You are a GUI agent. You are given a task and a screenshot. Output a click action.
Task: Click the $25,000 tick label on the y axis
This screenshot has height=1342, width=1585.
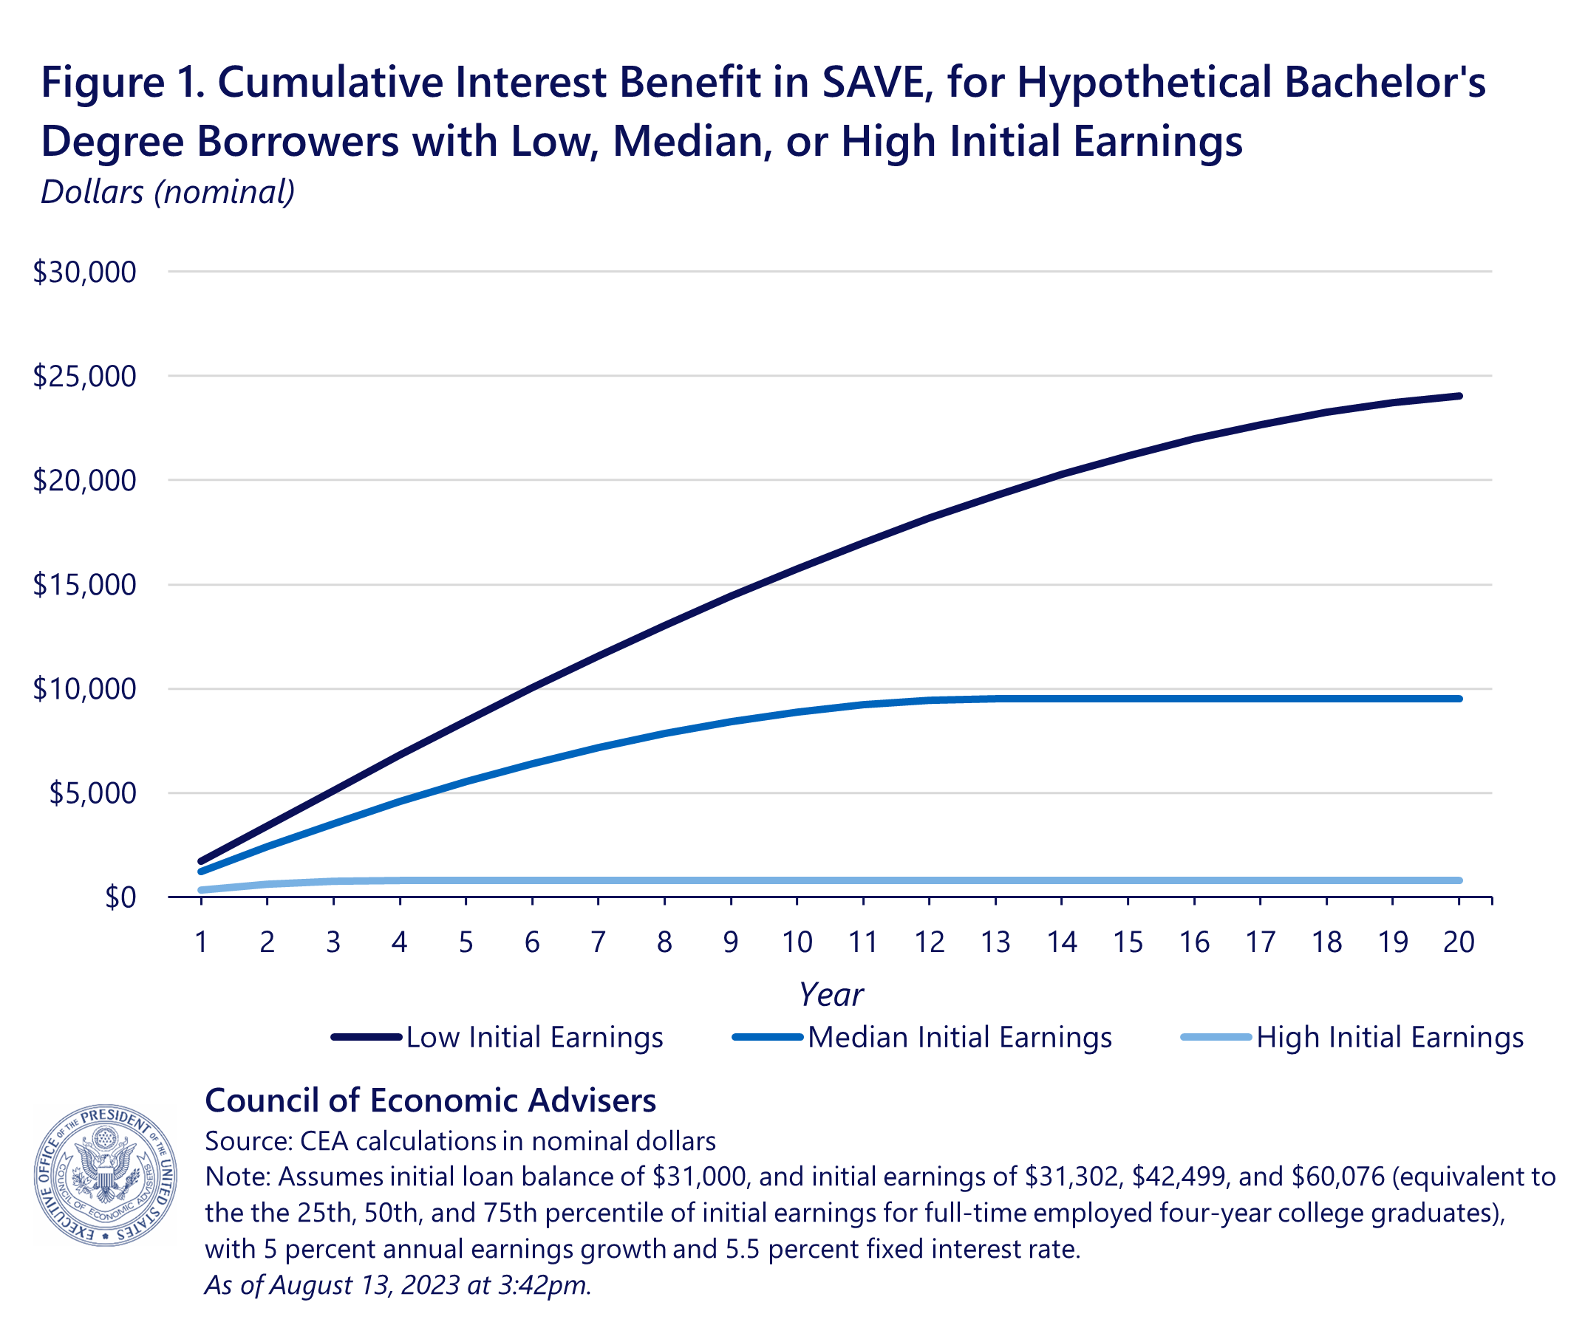(x=84, y=377)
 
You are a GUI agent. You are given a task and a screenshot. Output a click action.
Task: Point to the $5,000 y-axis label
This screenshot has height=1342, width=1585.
(x=92, y=793)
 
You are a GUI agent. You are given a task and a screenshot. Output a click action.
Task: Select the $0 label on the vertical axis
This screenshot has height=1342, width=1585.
(x=120, y=897)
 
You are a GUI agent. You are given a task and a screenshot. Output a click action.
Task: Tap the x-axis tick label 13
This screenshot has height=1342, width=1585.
(x=995, y=942)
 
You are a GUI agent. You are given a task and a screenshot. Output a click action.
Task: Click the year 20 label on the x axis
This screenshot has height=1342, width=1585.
(x=1459, y=942)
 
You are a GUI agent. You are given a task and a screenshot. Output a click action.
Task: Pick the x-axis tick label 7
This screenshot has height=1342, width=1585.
(x=598, y=942)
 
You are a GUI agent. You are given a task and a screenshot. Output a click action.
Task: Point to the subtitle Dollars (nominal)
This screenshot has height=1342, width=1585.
(x=168, y=192)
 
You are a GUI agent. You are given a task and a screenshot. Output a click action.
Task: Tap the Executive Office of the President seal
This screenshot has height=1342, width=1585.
(x=106, y=1174)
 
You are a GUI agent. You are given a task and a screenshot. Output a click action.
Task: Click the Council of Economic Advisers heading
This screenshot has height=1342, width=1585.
(x=431, y=1100)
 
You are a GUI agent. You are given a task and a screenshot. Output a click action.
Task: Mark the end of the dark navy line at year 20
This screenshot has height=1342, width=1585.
(x=1459, y=397)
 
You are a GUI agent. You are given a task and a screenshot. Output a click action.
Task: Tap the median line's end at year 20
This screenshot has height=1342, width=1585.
(x=1459, y=699)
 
